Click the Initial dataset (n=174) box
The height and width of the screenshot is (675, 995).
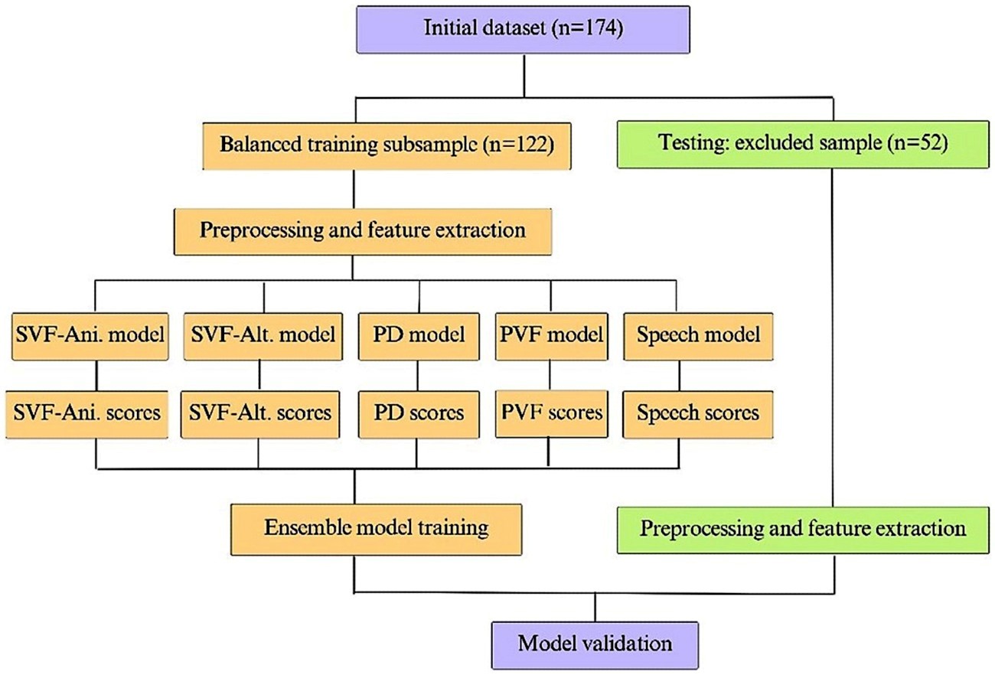pyautogui.click(x=524, y=30)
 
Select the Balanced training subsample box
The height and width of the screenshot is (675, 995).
pyautogui.click(x=387, y=146)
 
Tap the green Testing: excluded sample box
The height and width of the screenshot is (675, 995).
pyautogui.click(x=803, y=145)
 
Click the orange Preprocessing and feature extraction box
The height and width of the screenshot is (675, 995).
pyautogui.click(x=363, y=232)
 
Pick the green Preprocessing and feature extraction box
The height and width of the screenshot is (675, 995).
pyautogui.click(x=803, y=530)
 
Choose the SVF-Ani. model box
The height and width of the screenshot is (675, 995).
pyautogui.click(x=90, y=337)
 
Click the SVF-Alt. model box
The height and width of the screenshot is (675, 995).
pyautogui.click(x=263, y=337)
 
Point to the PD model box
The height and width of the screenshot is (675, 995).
pyautogui.click(x=419, y=337)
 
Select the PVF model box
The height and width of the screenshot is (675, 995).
pyautogui.click(x=552, y=337)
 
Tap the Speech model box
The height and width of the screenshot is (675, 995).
pyautogui.click(x=698, y=337)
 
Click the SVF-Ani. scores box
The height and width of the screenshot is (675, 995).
pyautogui.click(x=87, y=415)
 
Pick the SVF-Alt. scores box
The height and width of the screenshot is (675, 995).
pyautogui.click(x=260, y=415)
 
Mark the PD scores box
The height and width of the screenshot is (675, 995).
pyautogui.click(x=419, y=415)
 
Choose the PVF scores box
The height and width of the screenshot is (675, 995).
pyautogui.click(x=552, y=414)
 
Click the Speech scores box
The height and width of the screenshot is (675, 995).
pyautogui.click(x=698, y=415)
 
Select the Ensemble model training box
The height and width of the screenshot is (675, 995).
pyautogui.click(x=377, y=530)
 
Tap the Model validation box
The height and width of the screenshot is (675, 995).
pyautogui.click(x=595, y=645)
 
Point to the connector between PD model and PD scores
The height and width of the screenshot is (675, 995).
pyautogui.click(x=418, y=376)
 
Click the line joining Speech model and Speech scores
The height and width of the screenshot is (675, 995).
pyautogui.click(x=679, y=376)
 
